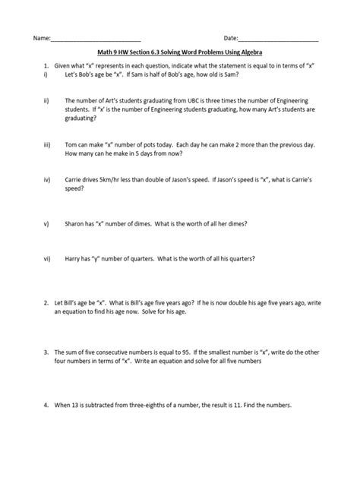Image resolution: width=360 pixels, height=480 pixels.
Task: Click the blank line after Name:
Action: pyautogui.click(x=96, y=38)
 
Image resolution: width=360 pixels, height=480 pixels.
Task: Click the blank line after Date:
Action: pyautogui.click(x=279, y=38)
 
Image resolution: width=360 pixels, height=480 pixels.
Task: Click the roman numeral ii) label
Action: pyautogui.click(x=46, y=99)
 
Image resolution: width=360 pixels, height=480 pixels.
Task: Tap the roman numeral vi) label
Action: pyautogui.click(x=47, y=259)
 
